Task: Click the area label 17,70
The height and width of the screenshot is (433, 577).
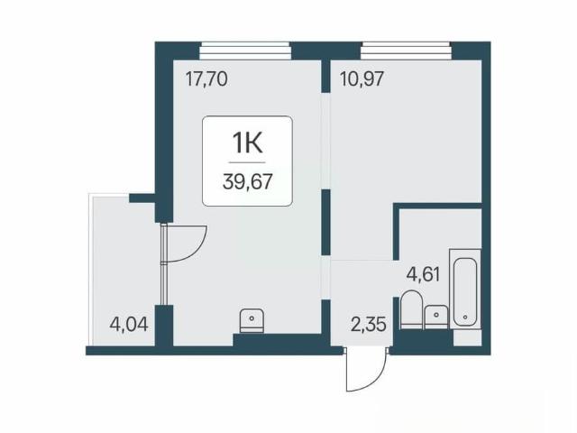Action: tap(206, 79)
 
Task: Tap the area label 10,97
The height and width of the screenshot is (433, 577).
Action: tap(362, 79)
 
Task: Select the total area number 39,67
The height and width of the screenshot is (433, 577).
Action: tap(247, 181)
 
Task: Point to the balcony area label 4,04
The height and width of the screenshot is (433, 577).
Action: tap(129, 325)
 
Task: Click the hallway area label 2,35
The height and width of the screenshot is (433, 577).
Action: tap(369, 325)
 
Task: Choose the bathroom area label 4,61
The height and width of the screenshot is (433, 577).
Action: tap(423, 274)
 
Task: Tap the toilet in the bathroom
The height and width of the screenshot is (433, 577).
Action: tap(411, 309)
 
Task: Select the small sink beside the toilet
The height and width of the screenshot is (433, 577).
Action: tap(436, 317)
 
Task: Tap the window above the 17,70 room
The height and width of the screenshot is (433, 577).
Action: tap(245, 51)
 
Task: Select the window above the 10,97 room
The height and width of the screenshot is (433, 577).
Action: tap(406, 51)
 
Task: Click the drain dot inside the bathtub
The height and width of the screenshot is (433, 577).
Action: tap(465, 317)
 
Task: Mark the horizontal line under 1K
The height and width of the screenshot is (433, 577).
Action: tap(247, 162)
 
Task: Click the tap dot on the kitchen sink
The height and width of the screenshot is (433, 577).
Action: tap(252, 318)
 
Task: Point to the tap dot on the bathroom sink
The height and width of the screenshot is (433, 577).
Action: tap(436, 315)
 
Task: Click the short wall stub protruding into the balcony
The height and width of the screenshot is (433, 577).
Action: tap(142, 198)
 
